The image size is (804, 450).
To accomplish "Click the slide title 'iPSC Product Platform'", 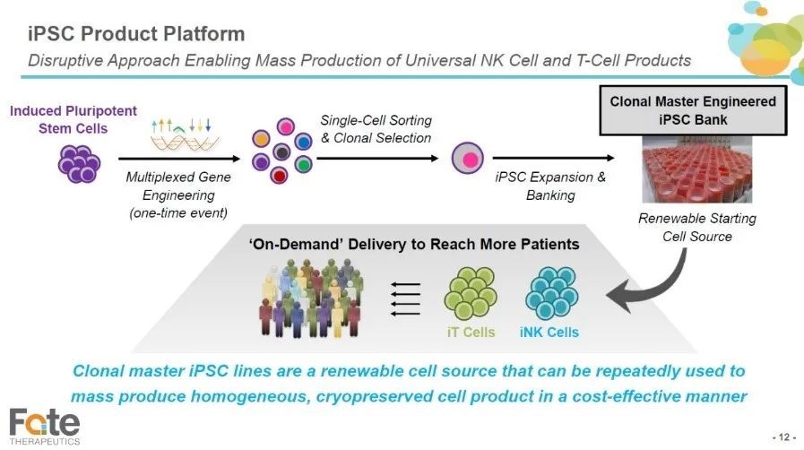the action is click(x=136, y=34).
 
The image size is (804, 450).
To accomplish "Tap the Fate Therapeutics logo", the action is click(x=45, y=427).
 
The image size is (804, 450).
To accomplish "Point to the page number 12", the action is click(x=784, y=437).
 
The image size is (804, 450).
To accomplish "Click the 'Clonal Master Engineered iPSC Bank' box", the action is click(x=693, y=110).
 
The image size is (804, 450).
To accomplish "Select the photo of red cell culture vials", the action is click(x=696, y=169).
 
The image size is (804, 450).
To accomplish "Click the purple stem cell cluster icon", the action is click(x=79, y=163).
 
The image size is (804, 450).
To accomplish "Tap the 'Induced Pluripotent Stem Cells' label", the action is click(x=73, y=119).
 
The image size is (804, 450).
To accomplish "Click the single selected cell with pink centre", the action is click(x=468, y=158).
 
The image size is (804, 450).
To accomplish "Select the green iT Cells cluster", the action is click(x=471, y=292).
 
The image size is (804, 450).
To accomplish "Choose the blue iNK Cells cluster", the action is click(x=552, y=292).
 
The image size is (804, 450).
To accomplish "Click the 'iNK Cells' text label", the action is click(x=549, y=332).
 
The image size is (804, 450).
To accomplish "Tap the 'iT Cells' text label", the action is click(x=471, y=332).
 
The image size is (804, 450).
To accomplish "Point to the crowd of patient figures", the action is click(x=311, y=298).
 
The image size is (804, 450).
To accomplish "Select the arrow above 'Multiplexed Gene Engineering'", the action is click(x=179, y=159).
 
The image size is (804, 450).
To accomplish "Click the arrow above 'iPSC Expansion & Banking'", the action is click(x=553, y=158).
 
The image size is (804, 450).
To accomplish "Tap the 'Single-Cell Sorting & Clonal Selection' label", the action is click(x=376, y=129).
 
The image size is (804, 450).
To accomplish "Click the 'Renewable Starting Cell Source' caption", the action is click(x=696, y=227).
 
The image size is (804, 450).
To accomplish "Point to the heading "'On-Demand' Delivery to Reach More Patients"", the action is click(x=414, y=244).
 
